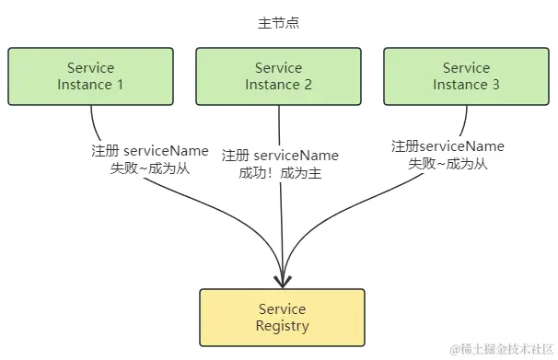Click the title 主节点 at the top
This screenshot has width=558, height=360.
coord(278,23)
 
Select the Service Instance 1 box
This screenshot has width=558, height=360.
coord(90,75)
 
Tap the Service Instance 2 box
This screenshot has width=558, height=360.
coord(278,75)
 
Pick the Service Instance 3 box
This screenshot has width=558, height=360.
coord(466,75)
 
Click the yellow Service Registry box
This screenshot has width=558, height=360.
coord(282,317)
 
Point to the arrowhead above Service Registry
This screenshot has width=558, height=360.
coord(283,279)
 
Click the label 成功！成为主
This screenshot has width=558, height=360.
coord(279,172)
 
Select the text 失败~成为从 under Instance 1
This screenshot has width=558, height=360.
coord(149,168)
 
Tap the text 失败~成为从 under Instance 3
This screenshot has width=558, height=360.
coord(448,164)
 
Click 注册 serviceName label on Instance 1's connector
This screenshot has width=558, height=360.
coord(149,151)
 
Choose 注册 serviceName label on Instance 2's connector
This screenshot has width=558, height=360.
coord(280,156)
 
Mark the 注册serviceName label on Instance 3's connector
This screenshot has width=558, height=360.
coord(448,146)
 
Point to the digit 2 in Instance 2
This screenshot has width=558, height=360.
coord(308,85)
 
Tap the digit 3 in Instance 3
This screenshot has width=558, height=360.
coord(495,85)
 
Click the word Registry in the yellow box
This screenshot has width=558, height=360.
coord(282,326)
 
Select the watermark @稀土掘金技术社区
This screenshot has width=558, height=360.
coord(500,349)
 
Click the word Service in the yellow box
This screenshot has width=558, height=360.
coord(282,308)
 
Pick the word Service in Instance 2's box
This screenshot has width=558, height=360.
coord(278,67)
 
